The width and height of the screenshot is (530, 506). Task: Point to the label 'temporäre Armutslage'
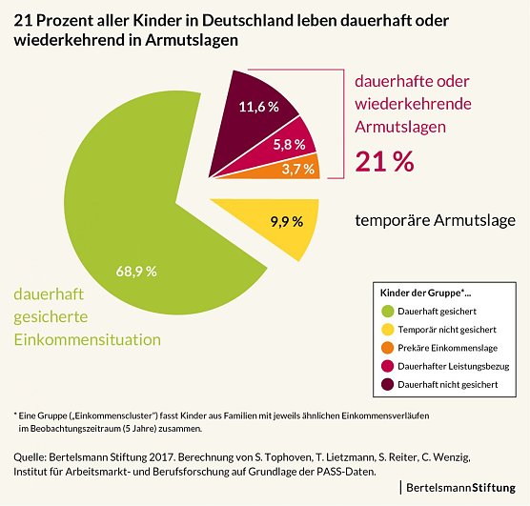pyautogui.click(x=435, y=220)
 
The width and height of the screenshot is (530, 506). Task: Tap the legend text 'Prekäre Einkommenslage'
pyautogui.click(x=447, y=348)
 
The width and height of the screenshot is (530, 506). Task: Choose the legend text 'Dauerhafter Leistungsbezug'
pyautogui.click(x=453, y=366)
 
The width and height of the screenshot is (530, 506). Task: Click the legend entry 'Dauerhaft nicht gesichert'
pyautogui.click(x=449, y=384)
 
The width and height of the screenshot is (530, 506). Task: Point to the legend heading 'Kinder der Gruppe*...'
pyautogui.click(x=424, y=292)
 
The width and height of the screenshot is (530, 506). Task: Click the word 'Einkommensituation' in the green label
pyautogui.click(x=86, y=339)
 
